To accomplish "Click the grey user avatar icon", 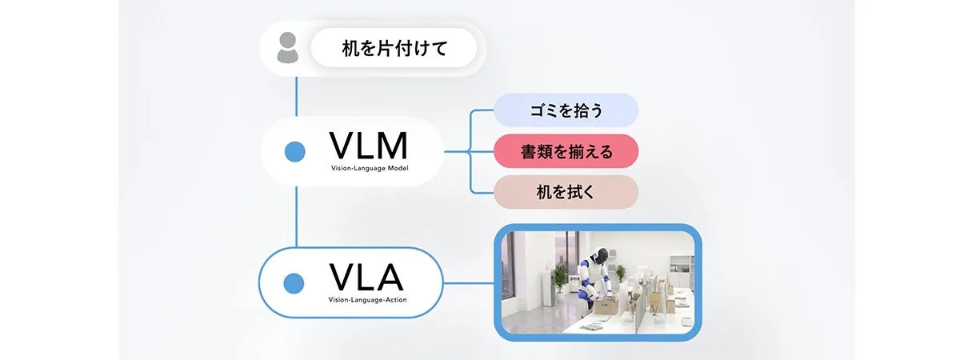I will [x=286, y=50].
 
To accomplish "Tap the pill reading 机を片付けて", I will [x=394, y=50].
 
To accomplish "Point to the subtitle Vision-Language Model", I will [x=369, y=169].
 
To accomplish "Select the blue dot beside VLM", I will [x=295, y=150].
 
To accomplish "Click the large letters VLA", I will [x=366, y=278].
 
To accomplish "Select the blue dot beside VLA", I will [x=295, y=282].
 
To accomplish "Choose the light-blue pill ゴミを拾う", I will [x=566, y=111].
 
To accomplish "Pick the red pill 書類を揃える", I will [x=566, y=151].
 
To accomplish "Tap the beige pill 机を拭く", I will [x=566, y=192].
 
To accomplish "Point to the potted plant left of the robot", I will [x=561, y=276].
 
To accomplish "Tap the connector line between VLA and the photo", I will [x=468, y=282].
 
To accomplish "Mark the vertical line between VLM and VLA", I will [x=297, y=216].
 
